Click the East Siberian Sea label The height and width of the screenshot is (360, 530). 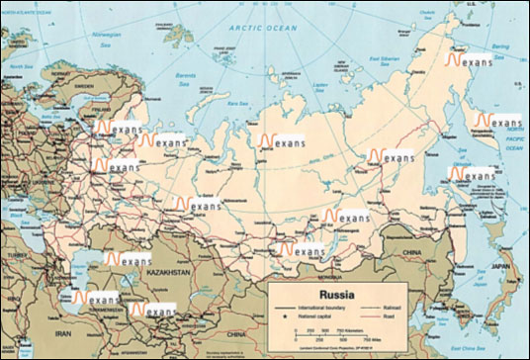point(387,61)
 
